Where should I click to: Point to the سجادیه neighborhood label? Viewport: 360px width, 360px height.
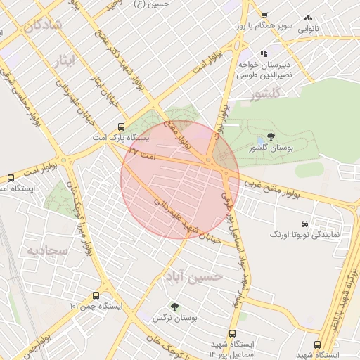pos(47,250)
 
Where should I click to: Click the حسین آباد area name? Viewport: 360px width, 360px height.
pos(194,276)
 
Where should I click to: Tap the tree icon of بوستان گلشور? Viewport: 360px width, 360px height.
pos(271,136)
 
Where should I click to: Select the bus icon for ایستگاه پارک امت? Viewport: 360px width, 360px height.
pos(122,128)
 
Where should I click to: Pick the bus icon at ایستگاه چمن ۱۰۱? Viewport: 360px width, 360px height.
pos(96,296)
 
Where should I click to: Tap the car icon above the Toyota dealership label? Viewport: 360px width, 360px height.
pos(304,222)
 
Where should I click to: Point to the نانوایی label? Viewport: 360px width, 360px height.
pos(310,30)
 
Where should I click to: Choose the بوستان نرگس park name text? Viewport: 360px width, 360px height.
pos(174,318)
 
